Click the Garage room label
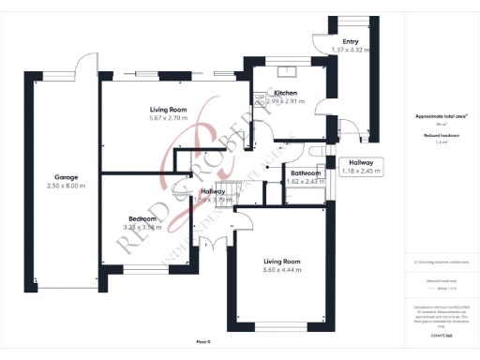(x=66, y=177)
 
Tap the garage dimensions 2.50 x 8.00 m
(x=66, y=187)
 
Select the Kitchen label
(x=286, y=94)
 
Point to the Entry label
(x=351, y=41)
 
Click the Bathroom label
(x=306, y=173)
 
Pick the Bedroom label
(x=142, y=218)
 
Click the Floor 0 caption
(x=203, y=341)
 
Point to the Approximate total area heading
(x=440, y=116)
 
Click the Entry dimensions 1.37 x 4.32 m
(x=351, y=50)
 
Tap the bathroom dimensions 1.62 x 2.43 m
(x=306, y=182)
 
